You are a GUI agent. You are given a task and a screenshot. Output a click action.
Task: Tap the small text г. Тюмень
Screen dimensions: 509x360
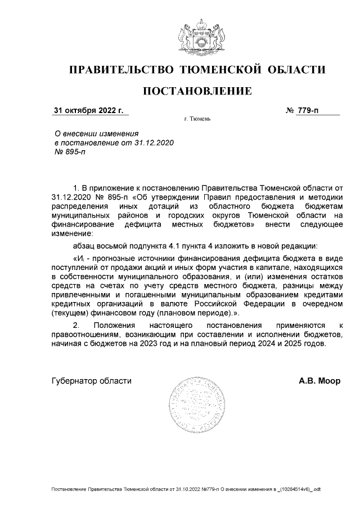(197, 120)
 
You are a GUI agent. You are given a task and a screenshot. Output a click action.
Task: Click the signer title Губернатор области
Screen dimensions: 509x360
(91, 381)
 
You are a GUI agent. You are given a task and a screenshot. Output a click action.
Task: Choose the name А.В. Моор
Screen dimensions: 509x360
(319, 381)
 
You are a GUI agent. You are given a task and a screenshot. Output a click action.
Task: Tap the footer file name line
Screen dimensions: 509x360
(186, 490)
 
